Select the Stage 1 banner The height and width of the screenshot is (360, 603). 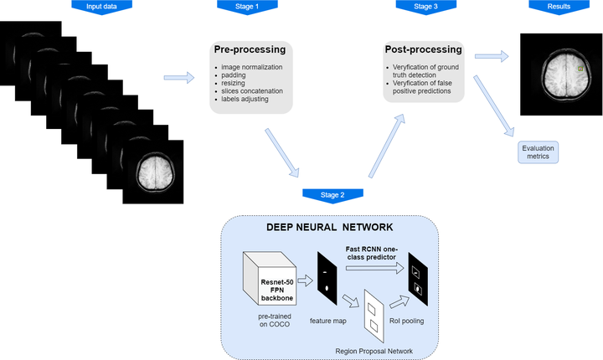tap(247, 6)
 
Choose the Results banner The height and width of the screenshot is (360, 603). tap(559, 6)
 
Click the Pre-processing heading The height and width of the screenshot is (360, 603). tap(252, 50)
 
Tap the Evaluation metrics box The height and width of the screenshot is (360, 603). tap(539, 152)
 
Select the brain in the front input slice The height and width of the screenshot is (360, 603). tap(155, 171)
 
